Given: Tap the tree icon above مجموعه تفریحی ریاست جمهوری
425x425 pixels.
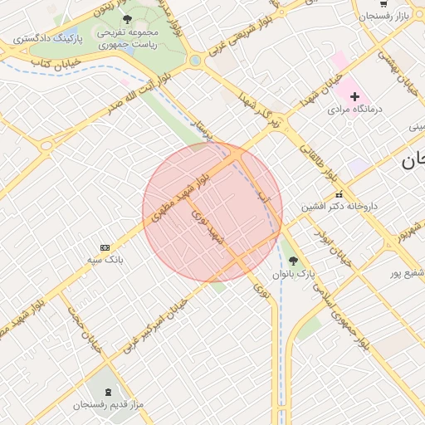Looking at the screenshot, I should point(126,18).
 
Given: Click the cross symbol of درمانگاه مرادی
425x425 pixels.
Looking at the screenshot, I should point(355,96).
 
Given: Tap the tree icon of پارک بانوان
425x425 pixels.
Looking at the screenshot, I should point(292,260).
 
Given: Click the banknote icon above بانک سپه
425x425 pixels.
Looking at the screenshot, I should point(105,247).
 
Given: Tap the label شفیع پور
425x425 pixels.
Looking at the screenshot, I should point(407,272).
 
